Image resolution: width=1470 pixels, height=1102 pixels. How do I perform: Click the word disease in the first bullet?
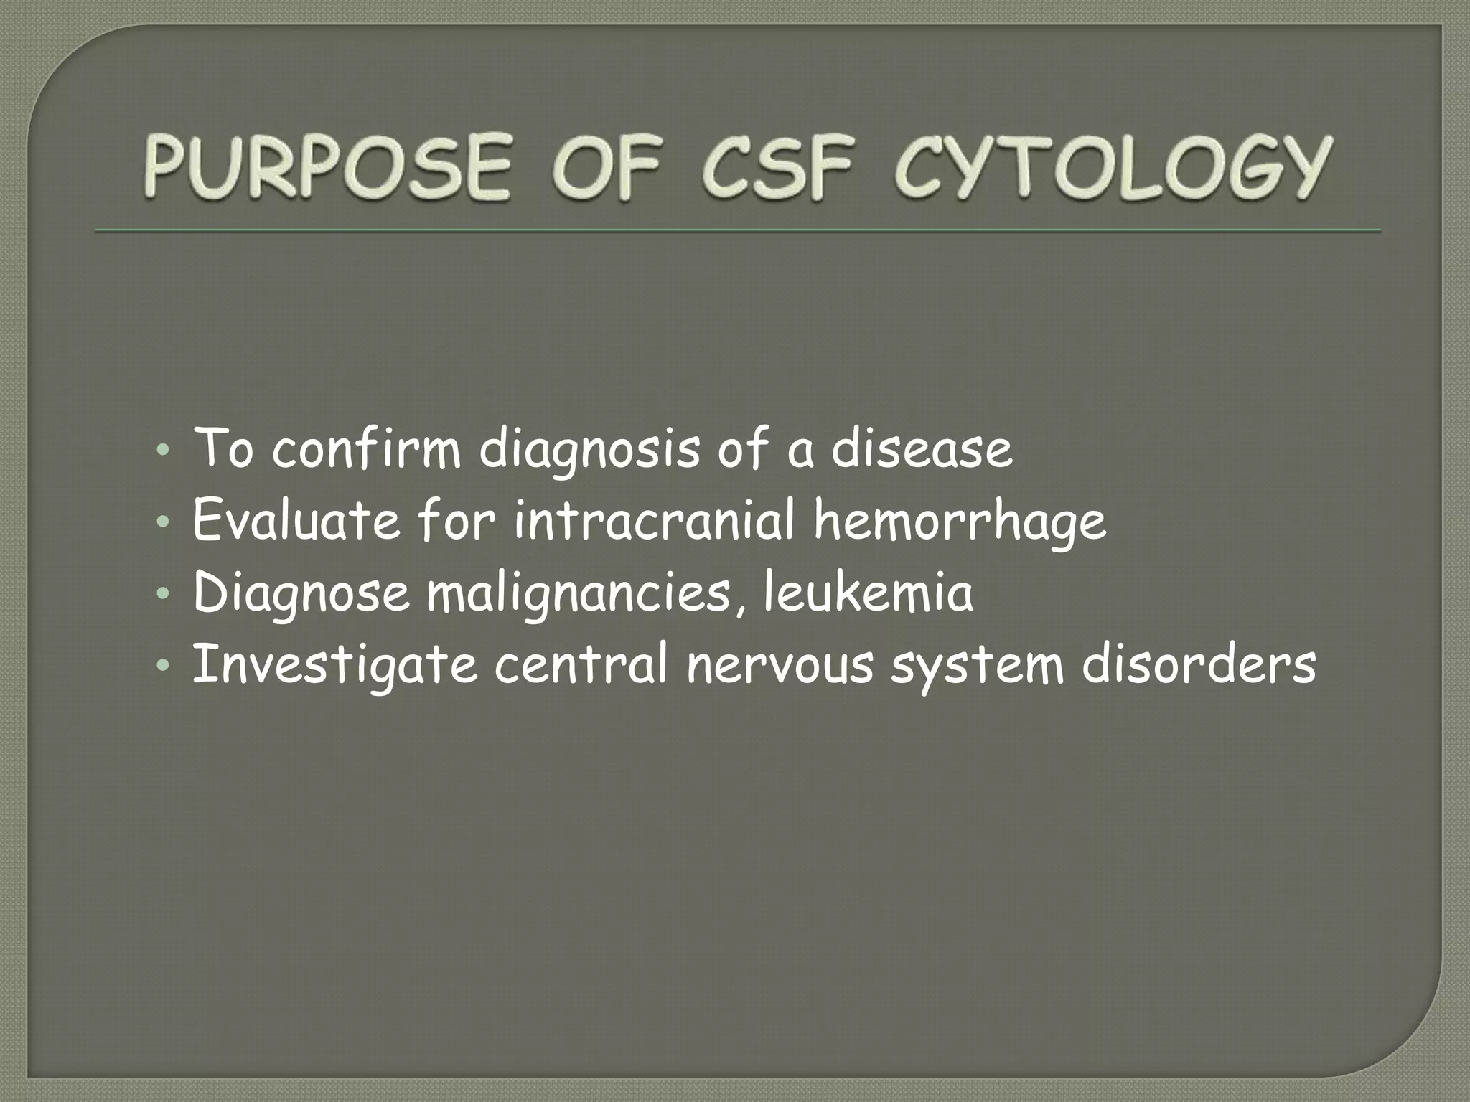coord(922,449)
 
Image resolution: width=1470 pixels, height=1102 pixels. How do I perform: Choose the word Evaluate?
coord(296,522)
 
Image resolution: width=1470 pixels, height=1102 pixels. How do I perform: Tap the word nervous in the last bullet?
coord(780,666)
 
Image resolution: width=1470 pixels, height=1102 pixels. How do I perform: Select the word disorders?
coord(1198,666)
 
